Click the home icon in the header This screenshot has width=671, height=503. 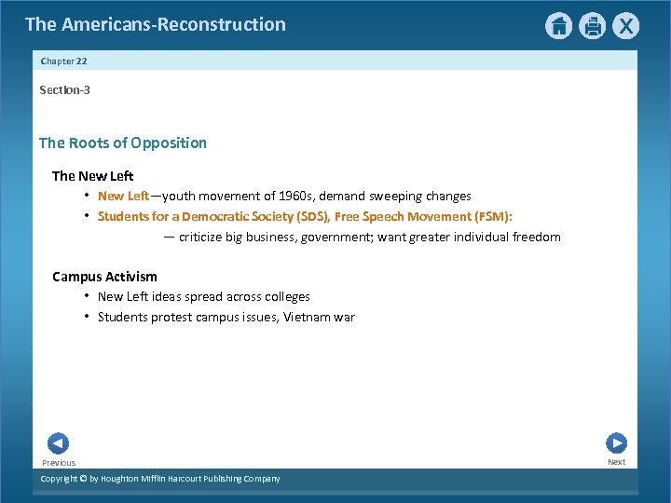[x=558, y=26]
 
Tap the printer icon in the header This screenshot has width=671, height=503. [x=593, y=26]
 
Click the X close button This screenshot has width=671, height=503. [x=626, y=26]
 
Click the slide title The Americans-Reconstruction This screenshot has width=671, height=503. [x=156, y=24]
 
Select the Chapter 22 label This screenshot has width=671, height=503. [x=63, y=61]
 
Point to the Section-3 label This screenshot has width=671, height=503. [x=64, y=89]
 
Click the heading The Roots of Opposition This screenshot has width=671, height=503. [x=123, y=143]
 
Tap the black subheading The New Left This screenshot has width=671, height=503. [x=93, y=176]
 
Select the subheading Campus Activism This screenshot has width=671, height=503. [x=104, y=277]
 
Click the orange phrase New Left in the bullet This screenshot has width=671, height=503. [x=123, y=197]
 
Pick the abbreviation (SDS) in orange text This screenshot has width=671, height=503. [x=310, y=216]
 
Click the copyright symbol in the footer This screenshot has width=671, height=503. [x=82, y=479]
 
